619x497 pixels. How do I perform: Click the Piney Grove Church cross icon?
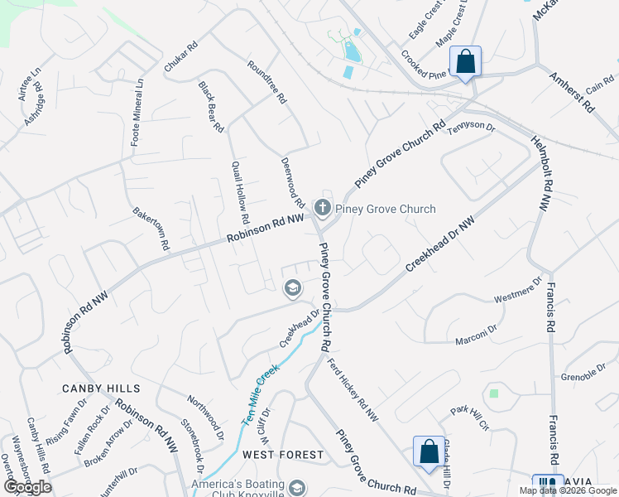323,209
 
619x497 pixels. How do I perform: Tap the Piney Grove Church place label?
386,209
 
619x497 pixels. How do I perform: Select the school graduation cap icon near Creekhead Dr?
291,288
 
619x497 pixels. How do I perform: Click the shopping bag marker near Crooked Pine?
465,62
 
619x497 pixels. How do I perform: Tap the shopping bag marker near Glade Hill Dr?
429,452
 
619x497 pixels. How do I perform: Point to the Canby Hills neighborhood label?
101,388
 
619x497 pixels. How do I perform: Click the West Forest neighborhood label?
283,455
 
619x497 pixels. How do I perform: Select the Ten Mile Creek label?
259,396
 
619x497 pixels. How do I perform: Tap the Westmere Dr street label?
517,293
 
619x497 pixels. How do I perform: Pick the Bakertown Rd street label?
151,229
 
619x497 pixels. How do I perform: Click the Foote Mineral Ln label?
138,113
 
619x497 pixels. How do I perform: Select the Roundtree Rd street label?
266,81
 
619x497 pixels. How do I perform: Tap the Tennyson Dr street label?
471,128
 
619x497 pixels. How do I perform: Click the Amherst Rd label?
572,93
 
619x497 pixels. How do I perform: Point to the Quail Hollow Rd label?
240,193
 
